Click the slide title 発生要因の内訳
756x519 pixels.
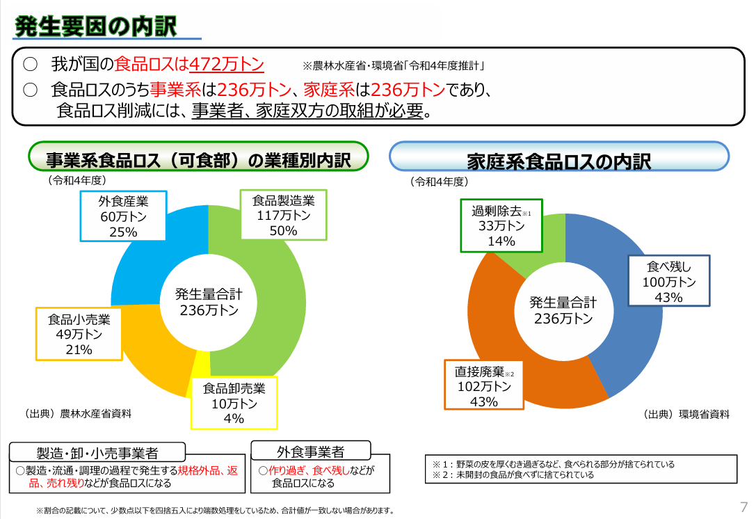96,26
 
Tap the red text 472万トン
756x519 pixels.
227,65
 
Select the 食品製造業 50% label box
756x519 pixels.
283,215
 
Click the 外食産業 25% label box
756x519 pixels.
123,216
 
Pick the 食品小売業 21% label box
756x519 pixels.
79,334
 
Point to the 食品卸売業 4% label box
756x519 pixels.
234,403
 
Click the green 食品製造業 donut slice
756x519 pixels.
278,306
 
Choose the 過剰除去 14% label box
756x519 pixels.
501,225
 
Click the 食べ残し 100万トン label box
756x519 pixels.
668,281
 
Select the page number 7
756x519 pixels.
743,506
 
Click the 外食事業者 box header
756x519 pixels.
310,451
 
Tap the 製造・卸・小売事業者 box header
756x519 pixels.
97,453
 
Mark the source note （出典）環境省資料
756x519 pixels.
686,414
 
